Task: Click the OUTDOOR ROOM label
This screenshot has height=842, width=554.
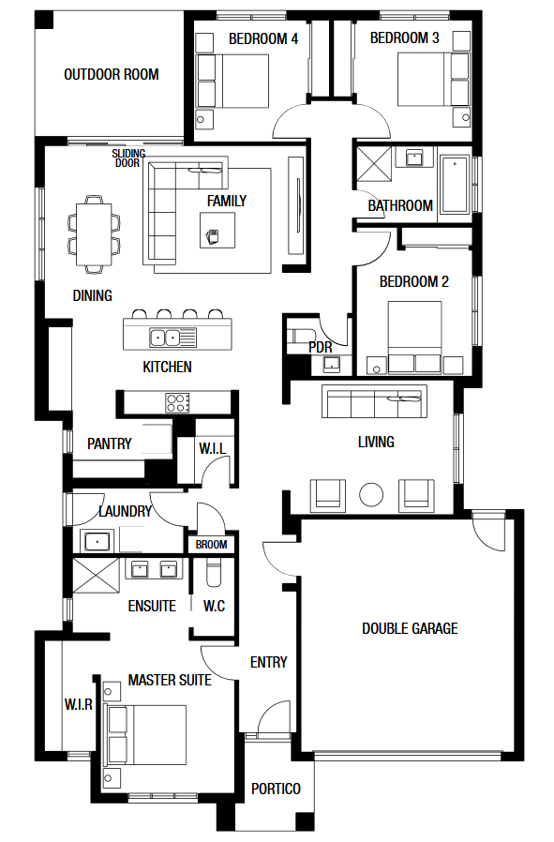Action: [x=112, y=74]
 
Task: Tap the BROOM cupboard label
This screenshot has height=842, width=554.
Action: [x=211, y=545]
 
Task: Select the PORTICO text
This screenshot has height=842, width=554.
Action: [x=276, y=789]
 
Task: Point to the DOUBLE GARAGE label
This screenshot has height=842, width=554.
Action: [x=410, y=628]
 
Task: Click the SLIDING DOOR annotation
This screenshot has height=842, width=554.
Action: [x=128, y=158]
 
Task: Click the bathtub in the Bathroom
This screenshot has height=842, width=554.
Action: [x=454, y=185]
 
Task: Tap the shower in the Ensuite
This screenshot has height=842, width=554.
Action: [x=96, y=576]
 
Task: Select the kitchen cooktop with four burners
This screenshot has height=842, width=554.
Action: [x=178, y=403]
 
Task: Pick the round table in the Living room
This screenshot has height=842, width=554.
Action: [x=371, y=494]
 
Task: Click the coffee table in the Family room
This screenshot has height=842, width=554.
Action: [x=217, y=231]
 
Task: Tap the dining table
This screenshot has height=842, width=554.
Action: [x=94, y=233]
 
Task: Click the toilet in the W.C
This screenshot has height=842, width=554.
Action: [x=213, y=573]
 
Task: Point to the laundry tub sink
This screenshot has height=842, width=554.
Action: [x=97, y=541]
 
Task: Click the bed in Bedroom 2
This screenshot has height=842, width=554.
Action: [x=414, y=338]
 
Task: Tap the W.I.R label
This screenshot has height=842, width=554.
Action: [x=79, y=704]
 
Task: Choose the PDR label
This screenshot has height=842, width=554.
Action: [x=320, y=348]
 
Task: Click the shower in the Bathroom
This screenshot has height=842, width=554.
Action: [x=374, y=164]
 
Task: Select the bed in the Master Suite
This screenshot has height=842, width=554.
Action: [x=146, y=735]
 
